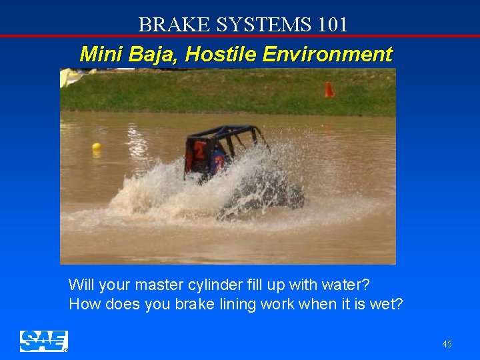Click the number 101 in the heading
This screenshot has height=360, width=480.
tap(333, 25)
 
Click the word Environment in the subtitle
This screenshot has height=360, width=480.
tap(327, 54)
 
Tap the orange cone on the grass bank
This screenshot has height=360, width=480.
tap(329, 89)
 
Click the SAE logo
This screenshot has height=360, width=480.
tap(43, 341)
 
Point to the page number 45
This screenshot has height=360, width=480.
tap(447, 344)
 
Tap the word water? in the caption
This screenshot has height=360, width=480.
tap(346, 285)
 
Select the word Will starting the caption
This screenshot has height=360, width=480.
tap(81, 285)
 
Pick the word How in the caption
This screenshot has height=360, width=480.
tap(83, 305)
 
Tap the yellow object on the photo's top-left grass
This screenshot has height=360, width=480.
tap(69, 77)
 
